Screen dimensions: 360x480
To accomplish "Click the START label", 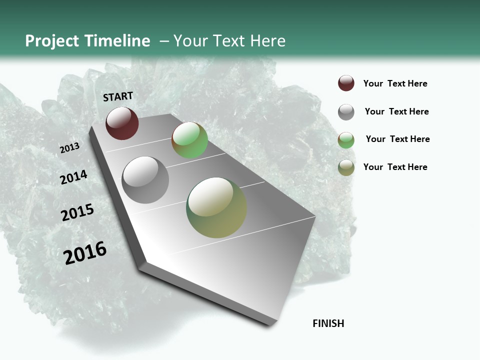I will tap(118, 96).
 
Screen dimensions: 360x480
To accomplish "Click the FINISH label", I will tap(328, 323).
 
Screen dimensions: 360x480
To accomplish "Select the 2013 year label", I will tap(69, 148).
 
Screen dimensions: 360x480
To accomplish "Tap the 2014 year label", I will tap(73, 177).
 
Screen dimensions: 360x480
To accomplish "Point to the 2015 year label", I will tap(77, 212).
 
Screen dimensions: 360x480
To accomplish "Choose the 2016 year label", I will tap(85, 252).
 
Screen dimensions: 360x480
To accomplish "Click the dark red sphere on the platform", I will tap(122, 123).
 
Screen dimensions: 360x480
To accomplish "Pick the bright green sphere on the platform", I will tap(189, 140).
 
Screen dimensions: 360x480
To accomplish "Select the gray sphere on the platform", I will tap(145, 180).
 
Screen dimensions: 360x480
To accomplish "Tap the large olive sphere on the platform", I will tap(216, 207).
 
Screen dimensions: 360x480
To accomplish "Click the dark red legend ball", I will tap(346, 83).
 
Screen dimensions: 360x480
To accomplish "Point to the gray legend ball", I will tap(346, 112).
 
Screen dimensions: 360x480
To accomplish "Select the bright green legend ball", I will tap(346, 140).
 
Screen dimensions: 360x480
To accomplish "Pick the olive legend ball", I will tap(346, 167).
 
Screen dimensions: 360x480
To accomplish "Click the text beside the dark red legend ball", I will tap(395, 83).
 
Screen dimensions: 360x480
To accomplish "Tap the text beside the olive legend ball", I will tap(395, 167).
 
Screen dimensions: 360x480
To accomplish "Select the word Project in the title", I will tap(52, 41).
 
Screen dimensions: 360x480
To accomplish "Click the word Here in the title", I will tap(267, 41).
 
